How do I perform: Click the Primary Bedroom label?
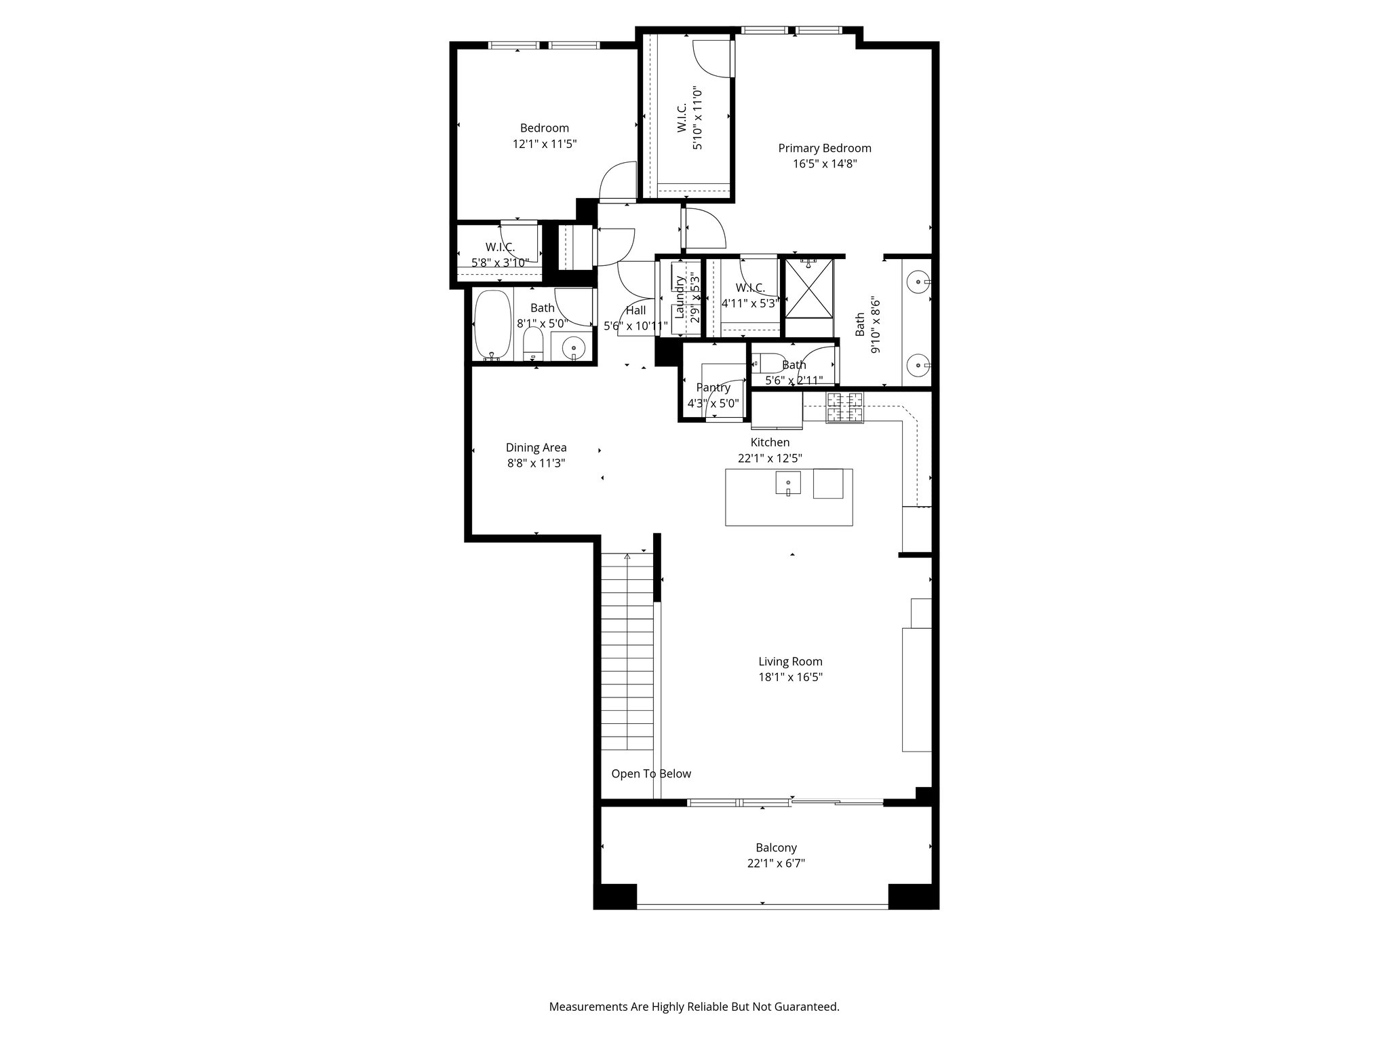click(824, 148)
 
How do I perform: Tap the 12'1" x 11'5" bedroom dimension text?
click(545, 144)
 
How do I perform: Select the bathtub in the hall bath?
click(492, 325)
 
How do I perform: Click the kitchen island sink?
click(788, 484)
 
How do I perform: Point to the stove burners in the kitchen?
click(844, 408)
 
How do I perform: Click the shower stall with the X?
click(808, 288)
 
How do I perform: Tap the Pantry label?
click(713, 387)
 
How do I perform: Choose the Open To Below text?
click(651, 773)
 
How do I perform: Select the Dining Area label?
click(536, 448)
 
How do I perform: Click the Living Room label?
click(790, 661)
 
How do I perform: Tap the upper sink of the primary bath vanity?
click(918, 279)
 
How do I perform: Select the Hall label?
click(635, 311)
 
